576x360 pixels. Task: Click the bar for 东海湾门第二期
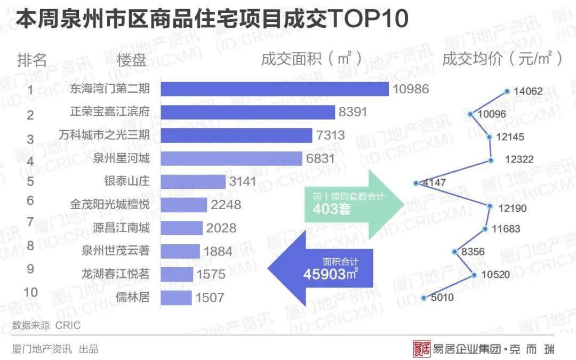coord(275,89)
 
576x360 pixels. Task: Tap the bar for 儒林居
coord(176,298)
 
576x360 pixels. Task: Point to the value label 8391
coord(354,112)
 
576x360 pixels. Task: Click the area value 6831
coord(321,158)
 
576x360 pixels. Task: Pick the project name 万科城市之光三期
coord(105,135)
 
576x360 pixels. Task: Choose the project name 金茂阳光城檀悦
coord(110,205)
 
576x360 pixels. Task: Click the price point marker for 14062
coord(507,91)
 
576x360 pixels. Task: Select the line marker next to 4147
coord(415,183)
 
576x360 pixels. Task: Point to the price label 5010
coord(443,298)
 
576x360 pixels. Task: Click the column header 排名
coord(33,59)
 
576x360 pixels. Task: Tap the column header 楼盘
coord(131,59)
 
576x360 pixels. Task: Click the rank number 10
coord(31,292)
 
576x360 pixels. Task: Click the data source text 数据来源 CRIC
coord(47,325)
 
